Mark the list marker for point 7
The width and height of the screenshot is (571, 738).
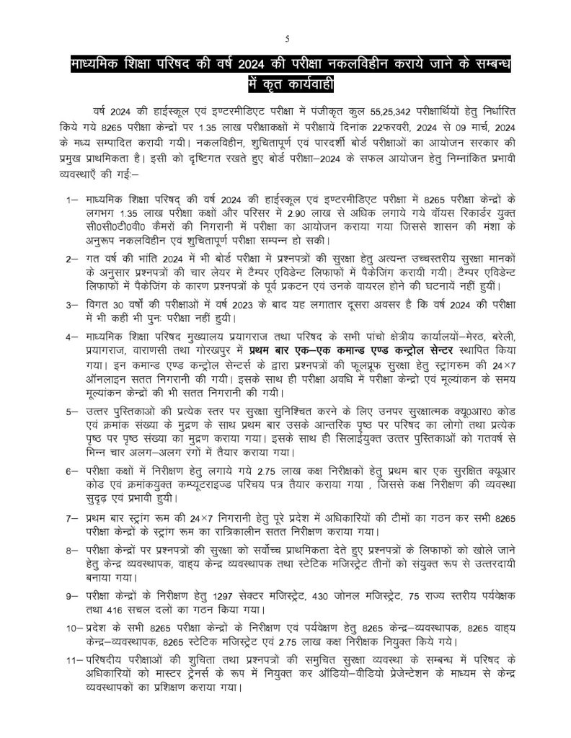71,519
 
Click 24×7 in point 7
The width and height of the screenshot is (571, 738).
204,519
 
